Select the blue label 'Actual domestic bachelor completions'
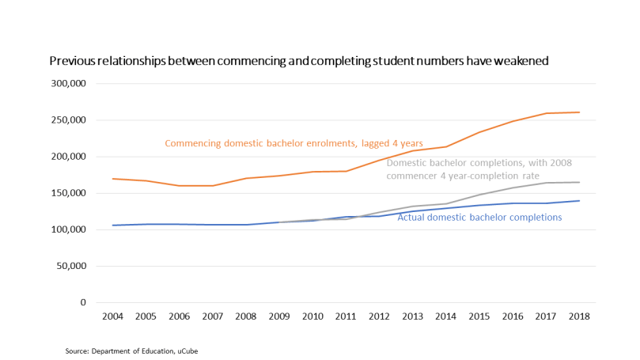(x=479, y=217)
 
